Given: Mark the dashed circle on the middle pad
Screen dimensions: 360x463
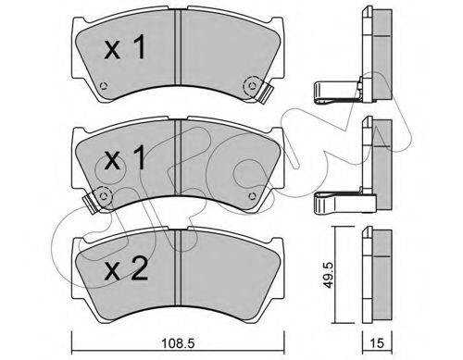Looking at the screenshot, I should click(103, 195).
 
